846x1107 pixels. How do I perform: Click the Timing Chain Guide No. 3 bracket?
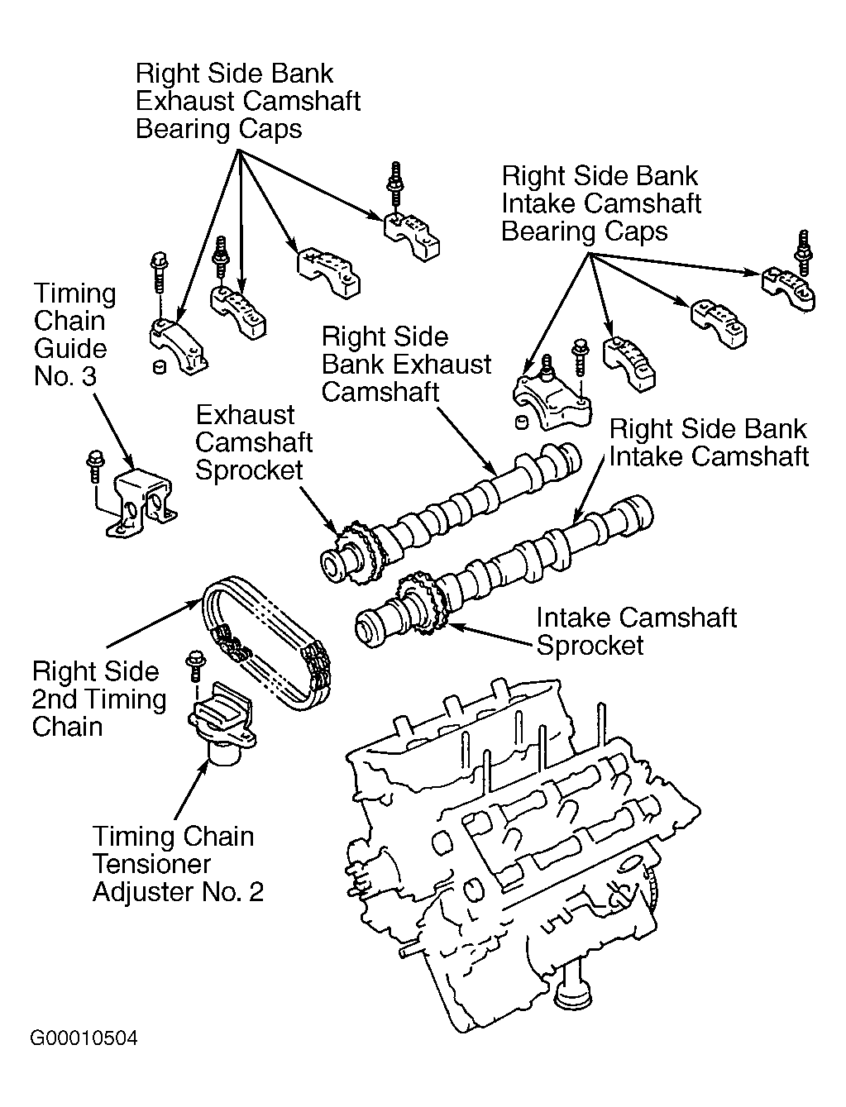(141, 502)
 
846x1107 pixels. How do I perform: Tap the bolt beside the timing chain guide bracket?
(93, 466)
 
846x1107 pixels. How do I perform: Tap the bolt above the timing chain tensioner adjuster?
(194, 667)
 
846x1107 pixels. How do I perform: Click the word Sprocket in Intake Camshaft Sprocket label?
(590, 646)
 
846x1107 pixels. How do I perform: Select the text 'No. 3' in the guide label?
(65, 376)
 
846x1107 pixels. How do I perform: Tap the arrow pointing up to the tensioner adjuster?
(192, 790)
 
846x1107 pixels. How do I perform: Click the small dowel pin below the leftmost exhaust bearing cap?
(160, 367)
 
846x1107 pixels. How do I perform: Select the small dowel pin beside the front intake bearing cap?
(522, 422)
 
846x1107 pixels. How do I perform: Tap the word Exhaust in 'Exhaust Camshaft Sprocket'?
(245, 415)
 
